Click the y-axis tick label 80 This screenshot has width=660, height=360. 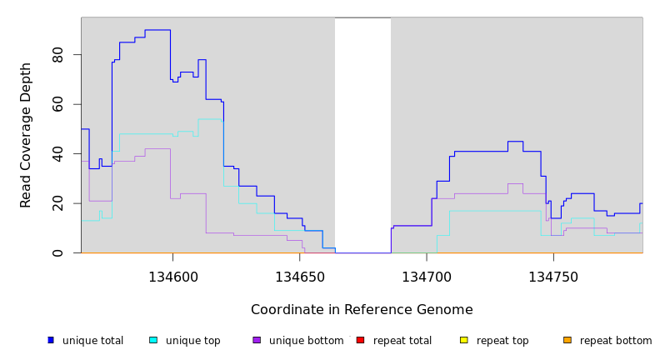(x=57, y=55)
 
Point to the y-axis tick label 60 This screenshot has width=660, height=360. (x=57, y=104)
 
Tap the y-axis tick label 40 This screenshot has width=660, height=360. (x=57, y=154)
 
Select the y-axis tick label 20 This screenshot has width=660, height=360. (x=57, y=203)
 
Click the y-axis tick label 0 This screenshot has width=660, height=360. (x=57, y=252)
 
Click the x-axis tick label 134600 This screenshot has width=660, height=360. (x=173, y=277)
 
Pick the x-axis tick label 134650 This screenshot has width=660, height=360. (x=300, y=277)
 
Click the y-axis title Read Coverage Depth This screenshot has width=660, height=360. (x=27, y=135)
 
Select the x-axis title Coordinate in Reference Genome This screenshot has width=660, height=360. (x=362, y=310)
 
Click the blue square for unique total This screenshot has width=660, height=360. (x=51, y=340)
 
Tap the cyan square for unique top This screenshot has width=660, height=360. (x=153, y=340)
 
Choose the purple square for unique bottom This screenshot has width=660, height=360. (x=257, y=340)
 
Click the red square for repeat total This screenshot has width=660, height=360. (x=360, y=340)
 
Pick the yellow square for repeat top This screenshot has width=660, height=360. (x=463, y=340)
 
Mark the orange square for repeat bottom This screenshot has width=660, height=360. (x=567, y=340)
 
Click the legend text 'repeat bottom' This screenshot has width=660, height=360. (x=616, y=341)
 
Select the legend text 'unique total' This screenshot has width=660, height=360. (x=92, y=341)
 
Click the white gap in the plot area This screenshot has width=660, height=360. (x=362, y=133)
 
